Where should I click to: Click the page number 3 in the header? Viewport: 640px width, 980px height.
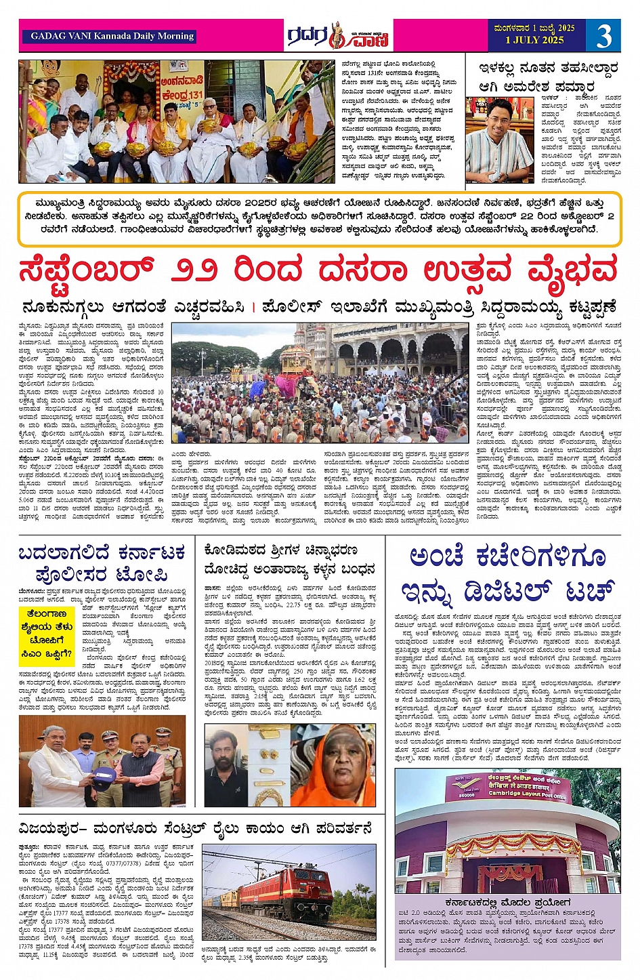603,35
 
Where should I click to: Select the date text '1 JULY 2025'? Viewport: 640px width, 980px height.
534,40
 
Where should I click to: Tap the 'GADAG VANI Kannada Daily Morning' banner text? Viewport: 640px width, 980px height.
112,36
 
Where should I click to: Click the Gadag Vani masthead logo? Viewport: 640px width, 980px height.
337,36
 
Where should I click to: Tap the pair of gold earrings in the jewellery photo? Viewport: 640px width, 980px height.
270,762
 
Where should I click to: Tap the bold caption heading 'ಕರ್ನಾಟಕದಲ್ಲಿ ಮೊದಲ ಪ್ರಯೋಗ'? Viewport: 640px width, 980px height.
507,903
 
